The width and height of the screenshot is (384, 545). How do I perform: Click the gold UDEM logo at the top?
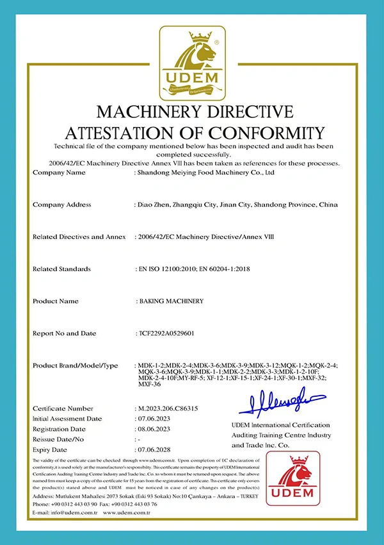tap(192, 62)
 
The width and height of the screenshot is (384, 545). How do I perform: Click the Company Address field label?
tap(61, 205)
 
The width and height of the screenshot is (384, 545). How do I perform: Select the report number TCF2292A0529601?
tap(168, 333)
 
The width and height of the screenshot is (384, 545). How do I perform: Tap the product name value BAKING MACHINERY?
tap(171, 301)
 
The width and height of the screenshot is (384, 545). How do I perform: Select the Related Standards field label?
tap(61, 269)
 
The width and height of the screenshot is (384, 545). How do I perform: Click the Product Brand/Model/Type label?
tap(75, 365)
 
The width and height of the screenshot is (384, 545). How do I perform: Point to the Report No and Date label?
tap(64, 333)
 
